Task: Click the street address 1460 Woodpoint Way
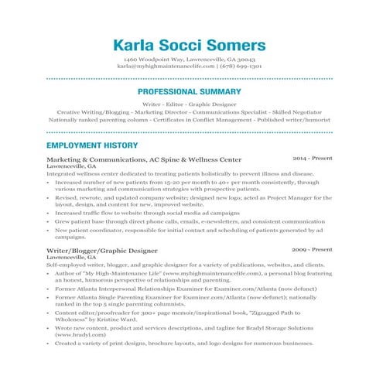pos(158,59)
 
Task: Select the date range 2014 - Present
pos(313,158)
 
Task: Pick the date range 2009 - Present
pos(313,249)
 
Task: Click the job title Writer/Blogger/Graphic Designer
pos(102,250)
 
